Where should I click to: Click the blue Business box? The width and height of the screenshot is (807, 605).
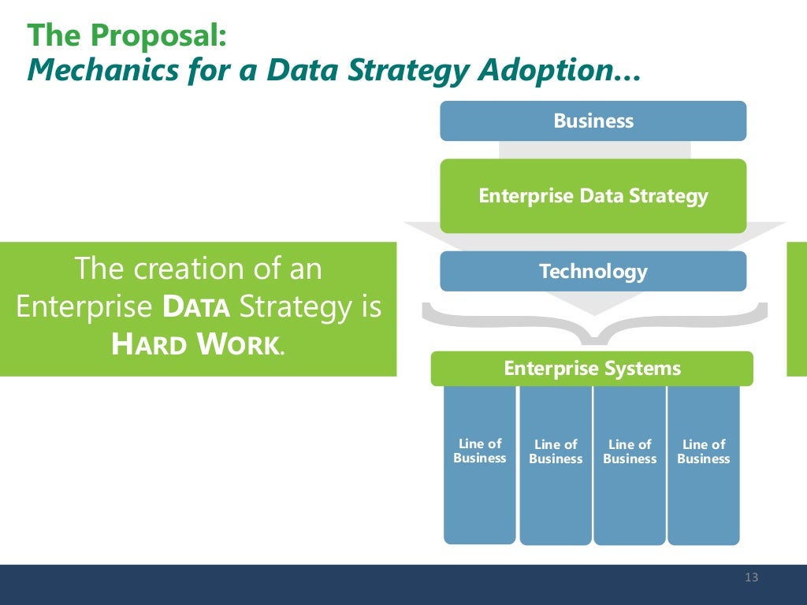(593, 121)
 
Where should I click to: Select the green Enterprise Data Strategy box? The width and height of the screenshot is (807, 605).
(593, 196)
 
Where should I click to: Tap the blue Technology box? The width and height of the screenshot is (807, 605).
(593, 272)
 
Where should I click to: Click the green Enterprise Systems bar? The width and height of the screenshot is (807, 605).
(591, 369)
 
